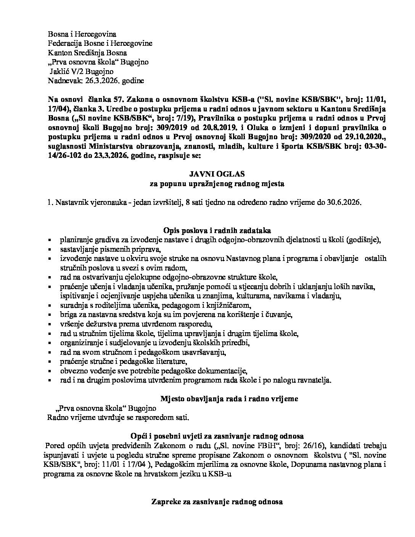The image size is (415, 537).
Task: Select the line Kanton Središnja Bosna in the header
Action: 87,53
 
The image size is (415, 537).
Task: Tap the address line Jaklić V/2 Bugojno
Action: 82,71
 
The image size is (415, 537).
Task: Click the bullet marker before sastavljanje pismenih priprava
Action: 50,249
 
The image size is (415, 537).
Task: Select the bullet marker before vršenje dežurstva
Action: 50,324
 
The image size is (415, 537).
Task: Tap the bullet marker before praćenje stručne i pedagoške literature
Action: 50,362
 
